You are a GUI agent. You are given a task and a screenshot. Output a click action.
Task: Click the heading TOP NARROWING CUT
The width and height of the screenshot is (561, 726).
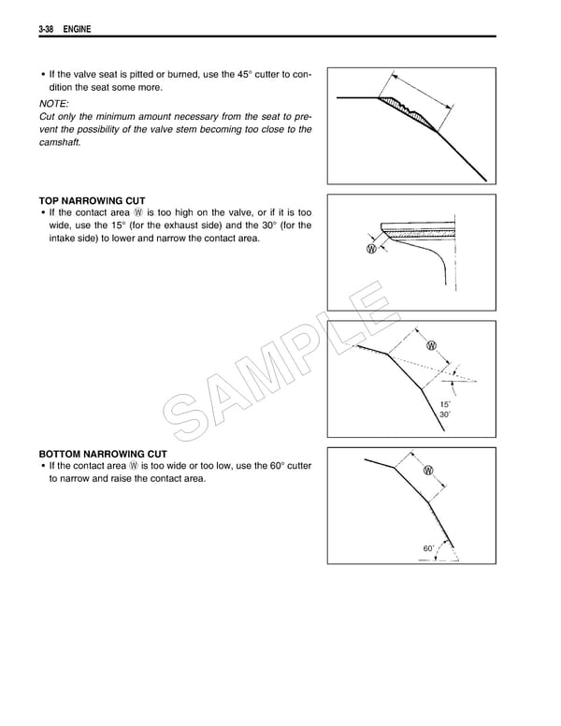coord(92,200)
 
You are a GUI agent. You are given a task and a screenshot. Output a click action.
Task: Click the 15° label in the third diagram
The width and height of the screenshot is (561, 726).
coord(445,403)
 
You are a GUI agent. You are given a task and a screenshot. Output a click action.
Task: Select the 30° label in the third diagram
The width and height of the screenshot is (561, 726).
coord(445,414)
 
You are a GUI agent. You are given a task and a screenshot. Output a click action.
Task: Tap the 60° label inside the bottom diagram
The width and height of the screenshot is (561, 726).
coord(428,547)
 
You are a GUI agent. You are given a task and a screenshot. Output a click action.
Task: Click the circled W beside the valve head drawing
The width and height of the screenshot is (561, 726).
coord(373,250)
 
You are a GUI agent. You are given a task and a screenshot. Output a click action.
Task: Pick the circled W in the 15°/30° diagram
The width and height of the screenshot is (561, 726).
coord(432,345)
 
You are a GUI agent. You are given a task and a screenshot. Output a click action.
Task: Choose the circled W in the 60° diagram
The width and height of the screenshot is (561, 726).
coord(428,470)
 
